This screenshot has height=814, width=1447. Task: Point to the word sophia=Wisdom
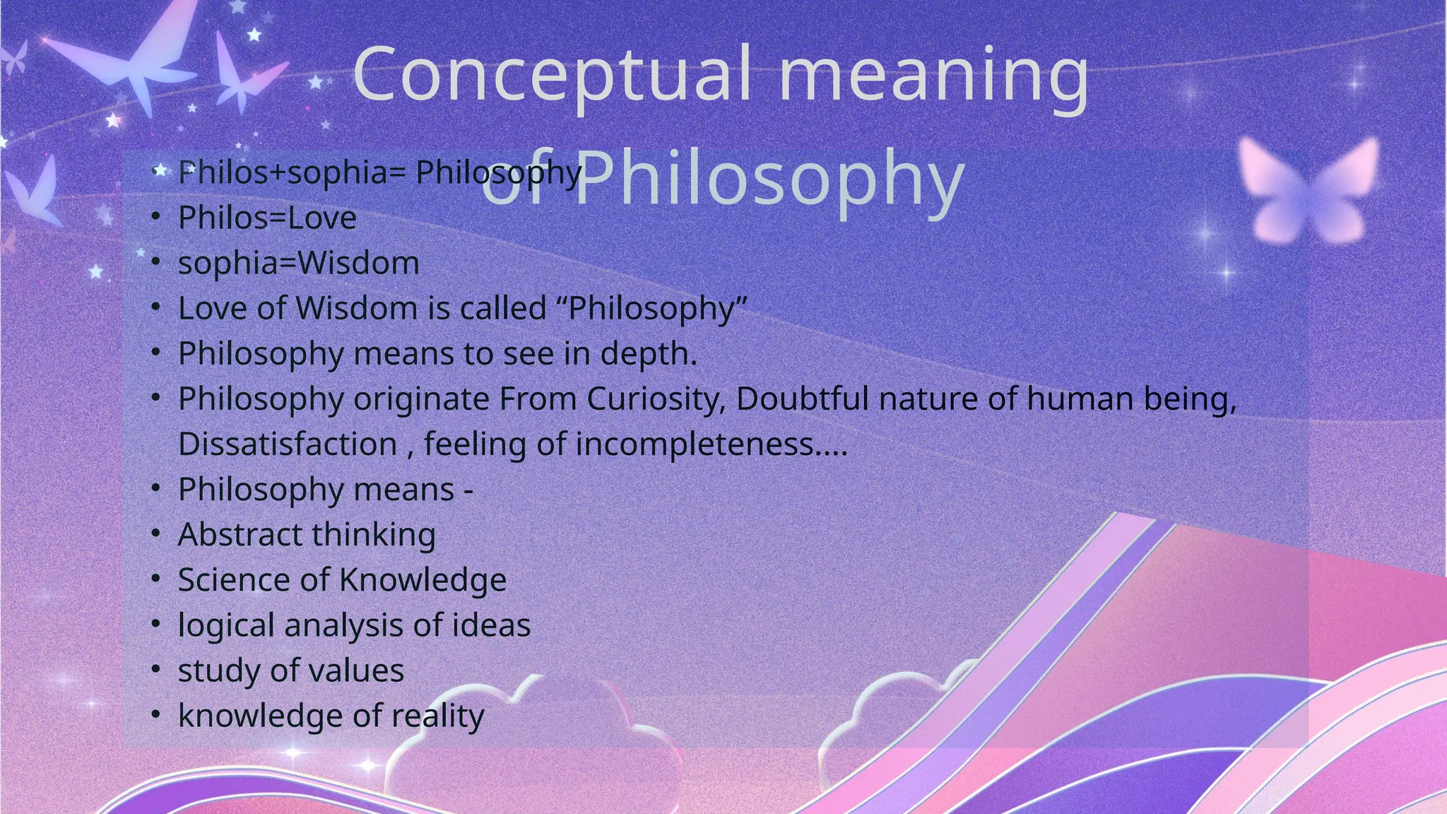(x=298, y=263)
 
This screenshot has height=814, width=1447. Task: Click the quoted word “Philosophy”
(x=657, y=309)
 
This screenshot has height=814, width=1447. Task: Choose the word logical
(x=226, y=626)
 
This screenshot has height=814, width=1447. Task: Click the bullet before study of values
(x=156, y=670)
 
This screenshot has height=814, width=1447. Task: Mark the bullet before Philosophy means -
(x=156, y=489)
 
